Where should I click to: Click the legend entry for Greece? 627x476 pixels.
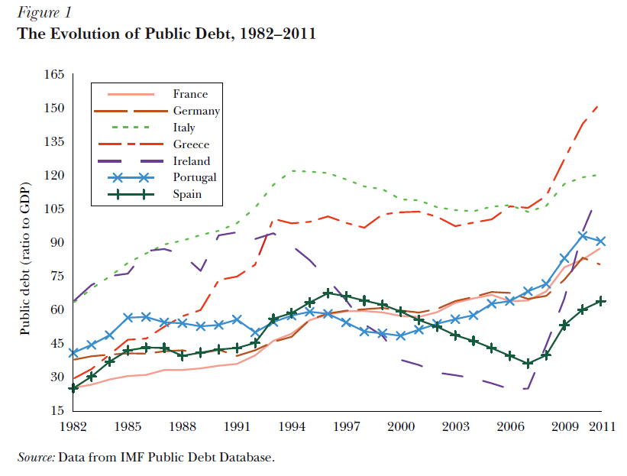coord(191,144)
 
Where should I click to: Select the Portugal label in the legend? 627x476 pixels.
coord(195,177)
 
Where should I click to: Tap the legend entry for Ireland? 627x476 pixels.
coord(191,161)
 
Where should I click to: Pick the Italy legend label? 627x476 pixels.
coord(184,128)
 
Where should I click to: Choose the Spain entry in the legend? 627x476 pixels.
coord(187,194)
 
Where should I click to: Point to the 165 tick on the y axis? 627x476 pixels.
coord(57,75)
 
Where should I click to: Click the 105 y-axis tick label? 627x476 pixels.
coord(57,209)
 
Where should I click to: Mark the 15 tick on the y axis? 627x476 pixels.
coord(60,410)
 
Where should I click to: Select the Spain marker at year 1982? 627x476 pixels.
coord(73,388)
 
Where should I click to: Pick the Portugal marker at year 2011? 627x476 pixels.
coord(601,241)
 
